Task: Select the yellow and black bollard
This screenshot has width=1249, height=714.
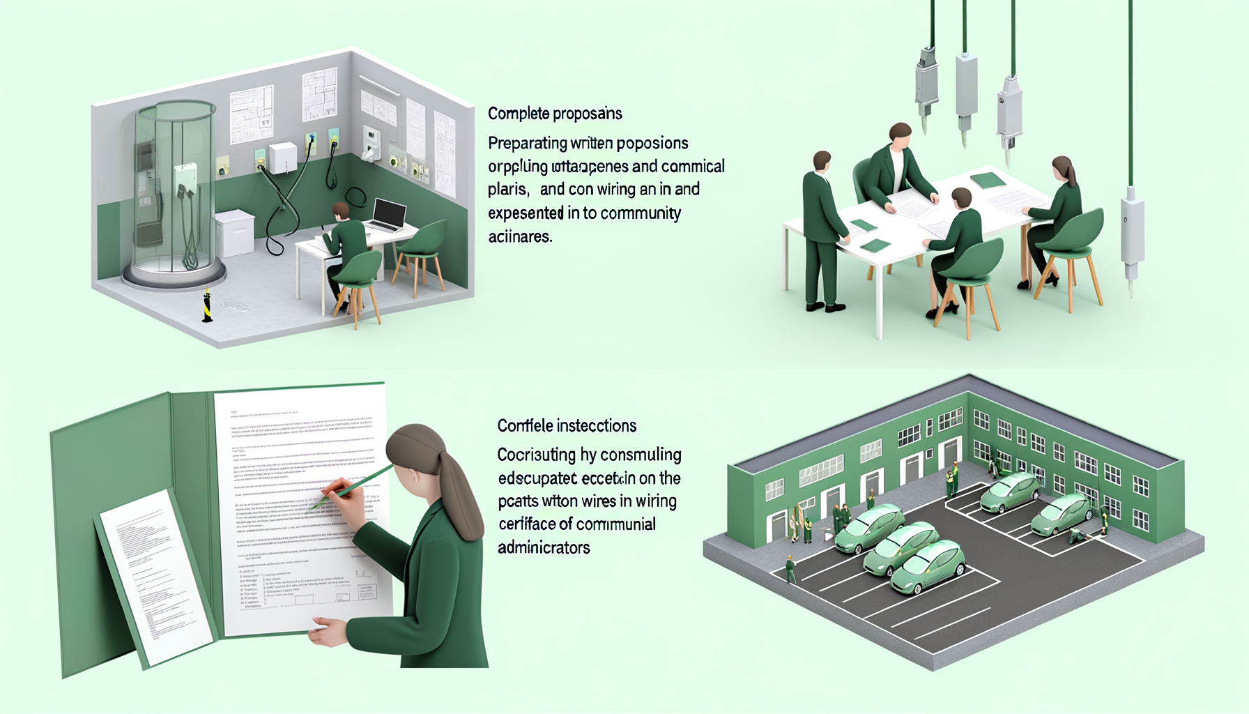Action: (207, 306)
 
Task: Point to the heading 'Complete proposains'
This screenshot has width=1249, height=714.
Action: (555, 114)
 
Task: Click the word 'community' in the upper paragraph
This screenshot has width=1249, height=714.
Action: (641, 213)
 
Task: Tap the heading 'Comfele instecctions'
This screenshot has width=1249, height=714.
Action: (567, 426)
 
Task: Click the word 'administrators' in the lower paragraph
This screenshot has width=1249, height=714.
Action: (544, 548)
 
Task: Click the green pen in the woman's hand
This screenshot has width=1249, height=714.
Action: (355, 484)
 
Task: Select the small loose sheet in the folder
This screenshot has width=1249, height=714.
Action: (153, 572)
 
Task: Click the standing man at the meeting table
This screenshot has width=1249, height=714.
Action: (823, 230)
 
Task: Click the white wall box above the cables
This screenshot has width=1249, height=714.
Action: (282, 157)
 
